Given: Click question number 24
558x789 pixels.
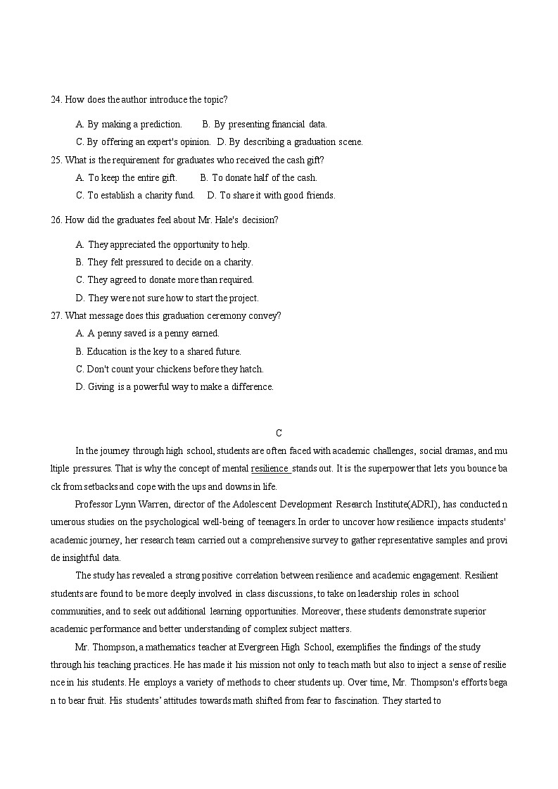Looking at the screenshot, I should [x=56, y=100].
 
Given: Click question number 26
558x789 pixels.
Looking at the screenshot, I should [x=56, y=220].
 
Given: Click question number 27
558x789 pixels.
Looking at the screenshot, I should [x=56, y=316].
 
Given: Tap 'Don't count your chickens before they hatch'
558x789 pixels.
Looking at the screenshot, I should [x=169, y=370].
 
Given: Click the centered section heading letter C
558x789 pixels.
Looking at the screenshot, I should [x=279, y=433].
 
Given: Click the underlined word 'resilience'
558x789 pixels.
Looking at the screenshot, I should [x=270, y=469].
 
